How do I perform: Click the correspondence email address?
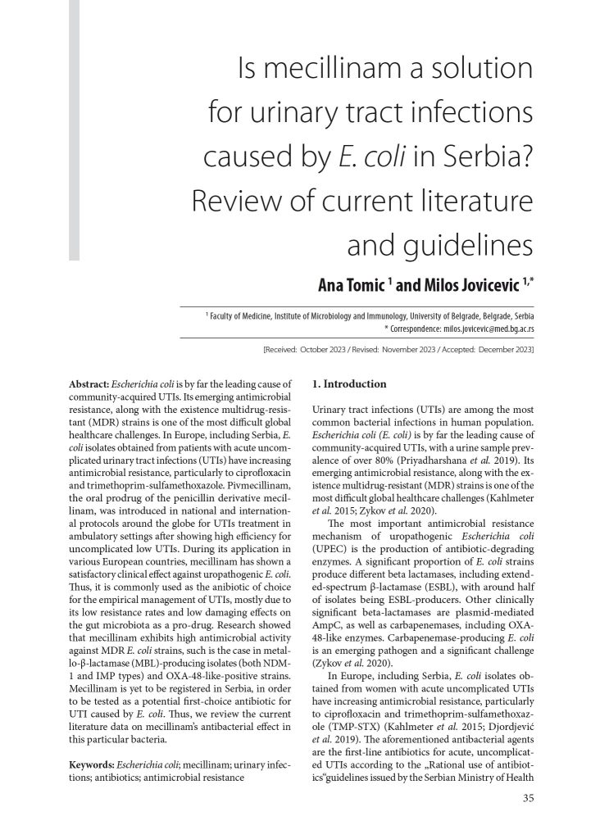[479, 328]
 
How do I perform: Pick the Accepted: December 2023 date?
[486, 350]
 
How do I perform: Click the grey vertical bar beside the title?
[74, 131]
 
